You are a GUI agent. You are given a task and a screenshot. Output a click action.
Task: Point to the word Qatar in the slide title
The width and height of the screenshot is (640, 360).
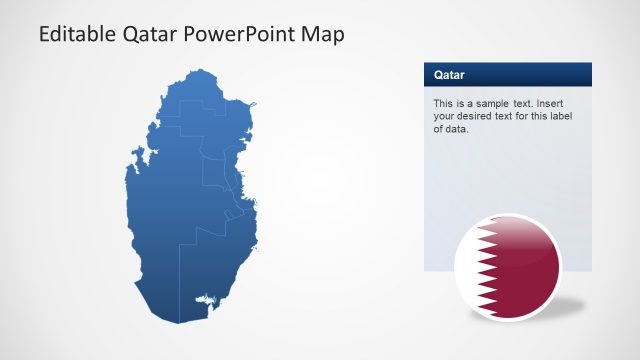click(152, 35)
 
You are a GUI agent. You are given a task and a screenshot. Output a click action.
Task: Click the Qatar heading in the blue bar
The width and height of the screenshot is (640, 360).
click(449, 75)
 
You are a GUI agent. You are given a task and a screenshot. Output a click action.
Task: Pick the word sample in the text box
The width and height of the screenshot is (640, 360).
click(488, 103)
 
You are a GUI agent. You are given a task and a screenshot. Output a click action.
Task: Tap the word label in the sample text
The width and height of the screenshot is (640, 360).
click(562, 116)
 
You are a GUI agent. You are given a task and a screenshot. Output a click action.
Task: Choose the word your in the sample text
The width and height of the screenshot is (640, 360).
click(444, 116)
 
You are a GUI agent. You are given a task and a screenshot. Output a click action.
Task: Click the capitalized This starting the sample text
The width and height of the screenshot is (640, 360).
click(443, 103)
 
